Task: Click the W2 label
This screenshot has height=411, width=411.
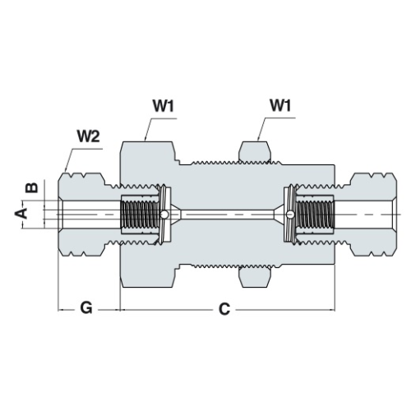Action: click(x=88, y=136)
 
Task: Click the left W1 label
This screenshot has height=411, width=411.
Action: click(x=164, y=106)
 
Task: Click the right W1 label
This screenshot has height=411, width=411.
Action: click(x=280, y=105)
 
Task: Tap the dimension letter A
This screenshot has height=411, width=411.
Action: click(x=21, y=213)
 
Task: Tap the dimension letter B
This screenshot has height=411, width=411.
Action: click(x=32, y=187)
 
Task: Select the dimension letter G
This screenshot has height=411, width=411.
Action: click(x=86, y=307)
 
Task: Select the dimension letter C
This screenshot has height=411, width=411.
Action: click(x=224, y=309)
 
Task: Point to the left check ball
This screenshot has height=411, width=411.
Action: click(x=164, y=215)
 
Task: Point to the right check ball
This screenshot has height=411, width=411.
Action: click(x=290, y=215)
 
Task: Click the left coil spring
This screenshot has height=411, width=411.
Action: click(x=141, y=215)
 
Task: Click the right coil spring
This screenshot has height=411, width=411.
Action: click(x=315, y=215)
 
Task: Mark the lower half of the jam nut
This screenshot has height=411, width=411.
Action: click(x=255, y=277)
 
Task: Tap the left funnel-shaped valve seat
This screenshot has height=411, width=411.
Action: click(x=176, y=215)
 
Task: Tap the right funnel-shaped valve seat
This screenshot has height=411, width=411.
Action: click(x=279, y=215)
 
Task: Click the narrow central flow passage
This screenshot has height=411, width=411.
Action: click(x=227, y=215)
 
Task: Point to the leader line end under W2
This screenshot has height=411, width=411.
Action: click(x=65, y=171)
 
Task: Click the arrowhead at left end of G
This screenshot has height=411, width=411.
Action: click(x=60, y=310)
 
